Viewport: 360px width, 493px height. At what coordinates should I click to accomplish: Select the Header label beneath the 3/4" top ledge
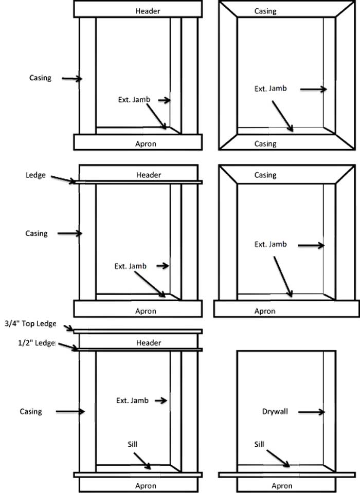149,343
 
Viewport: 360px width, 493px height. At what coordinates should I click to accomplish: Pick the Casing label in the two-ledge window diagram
31,411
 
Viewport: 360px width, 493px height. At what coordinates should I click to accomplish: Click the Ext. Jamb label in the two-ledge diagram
132,400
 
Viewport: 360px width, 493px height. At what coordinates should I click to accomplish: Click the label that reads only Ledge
35,175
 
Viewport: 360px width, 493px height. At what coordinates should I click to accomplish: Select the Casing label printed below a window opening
265,144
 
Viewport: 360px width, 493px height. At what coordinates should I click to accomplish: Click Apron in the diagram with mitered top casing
265,311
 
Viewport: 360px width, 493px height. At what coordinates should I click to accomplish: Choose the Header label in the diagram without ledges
148,11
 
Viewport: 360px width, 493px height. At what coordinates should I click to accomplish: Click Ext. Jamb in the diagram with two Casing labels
271,88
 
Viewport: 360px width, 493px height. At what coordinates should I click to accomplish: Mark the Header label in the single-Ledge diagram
149,175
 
